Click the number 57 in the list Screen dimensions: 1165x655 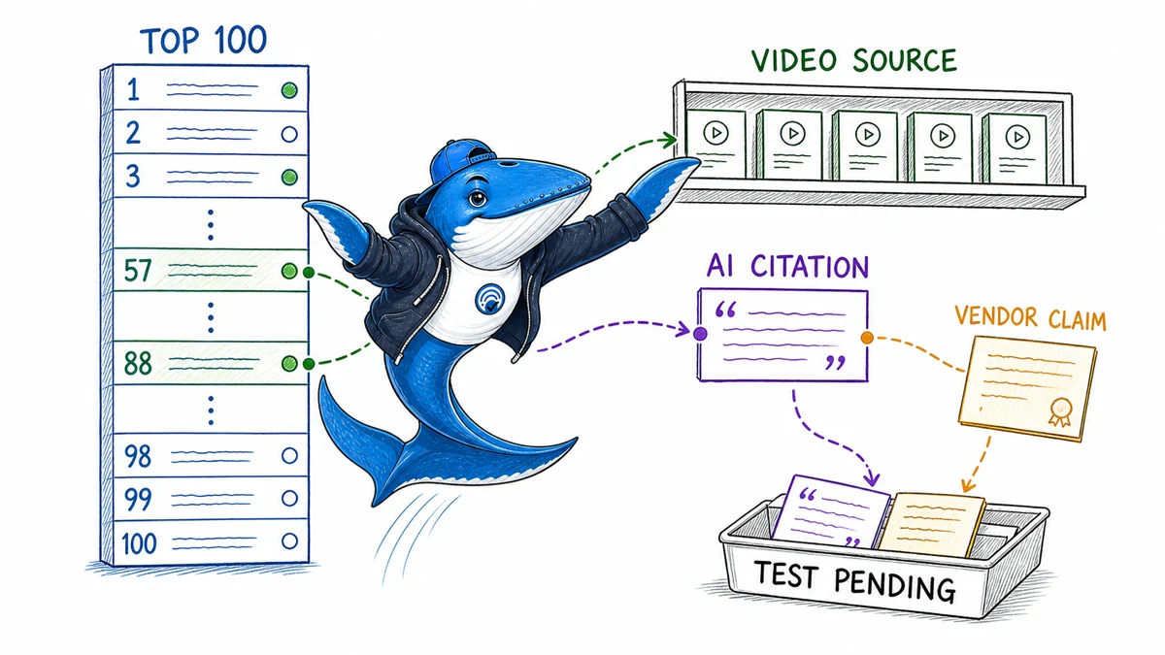138,271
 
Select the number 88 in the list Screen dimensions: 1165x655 138,363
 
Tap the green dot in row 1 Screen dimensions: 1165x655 289,90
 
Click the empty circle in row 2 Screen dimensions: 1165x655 289,134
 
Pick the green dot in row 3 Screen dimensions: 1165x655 289,178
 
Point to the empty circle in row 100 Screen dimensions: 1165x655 289,541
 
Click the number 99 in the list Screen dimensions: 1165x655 138,500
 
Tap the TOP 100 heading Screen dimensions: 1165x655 203,40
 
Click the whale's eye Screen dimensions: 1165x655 477,198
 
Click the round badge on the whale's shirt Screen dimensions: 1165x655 490,299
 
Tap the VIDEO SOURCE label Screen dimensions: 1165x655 854,61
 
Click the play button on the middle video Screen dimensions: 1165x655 868,135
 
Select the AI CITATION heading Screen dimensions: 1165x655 787,267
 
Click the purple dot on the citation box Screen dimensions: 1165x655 700,334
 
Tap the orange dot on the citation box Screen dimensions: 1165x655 866,338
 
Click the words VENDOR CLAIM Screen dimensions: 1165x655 1030,318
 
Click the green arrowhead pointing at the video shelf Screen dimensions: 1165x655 669,140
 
